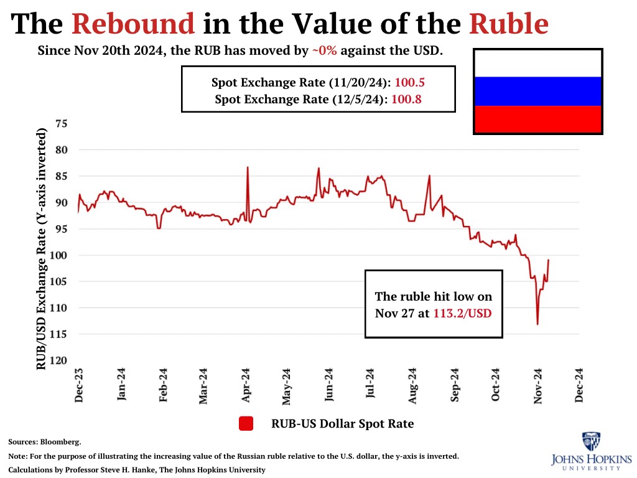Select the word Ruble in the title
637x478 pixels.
(x=509, y=24)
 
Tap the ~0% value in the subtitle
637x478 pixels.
(x=324, y=51)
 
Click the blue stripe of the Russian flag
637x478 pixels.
(x=537, y=91)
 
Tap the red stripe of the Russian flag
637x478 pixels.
(x=537, y=119)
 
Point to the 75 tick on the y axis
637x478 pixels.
(x=62, y=124)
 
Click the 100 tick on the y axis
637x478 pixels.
(x=59, y=255)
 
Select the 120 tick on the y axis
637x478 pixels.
(x=59, y=360)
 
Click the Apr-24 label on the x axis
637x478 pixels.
(x=246, y=386)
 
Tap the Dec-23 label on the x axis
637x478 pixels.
(x=79, y=386)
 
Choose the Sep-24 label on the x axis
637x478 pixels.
(x=455, y=386)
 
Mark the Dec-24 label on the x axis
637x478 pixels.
(x=580, y=386)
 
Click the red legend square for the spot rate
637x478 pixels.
(x=247, y=424)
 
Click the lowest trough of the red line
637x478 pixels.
(x=537, y=324)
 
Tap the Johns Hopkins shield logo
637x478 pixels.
(x=591, y=442)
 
